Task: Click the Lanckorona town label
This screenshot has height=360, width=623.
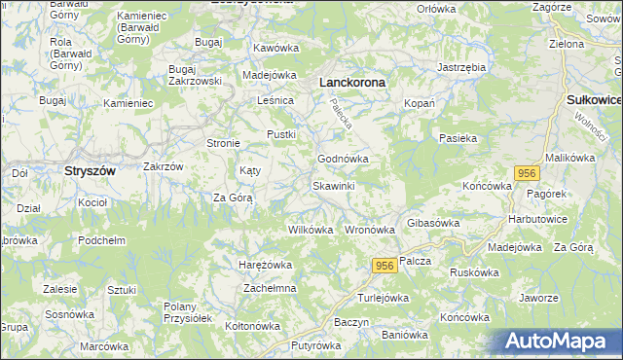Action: point(352,84)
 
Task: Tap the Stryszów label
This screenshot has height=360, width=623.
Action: point(90,170)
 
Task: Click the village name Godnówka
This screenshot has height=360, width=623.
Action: point(343,159)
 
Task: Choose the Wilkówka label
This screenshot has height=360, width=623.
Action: point(311,231)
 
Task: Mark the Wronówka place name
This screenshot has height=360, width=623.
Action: point(370,231)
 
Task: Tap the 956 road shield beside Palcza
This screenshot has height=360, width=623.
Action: point(384,266)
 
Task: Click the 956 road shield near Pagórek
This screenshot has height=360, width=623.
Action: point(526,173)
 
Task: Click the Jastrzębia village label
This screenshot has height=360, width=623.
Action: point(461,67)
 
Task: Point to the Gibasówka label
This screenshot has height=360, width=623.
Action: point(433,223)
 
